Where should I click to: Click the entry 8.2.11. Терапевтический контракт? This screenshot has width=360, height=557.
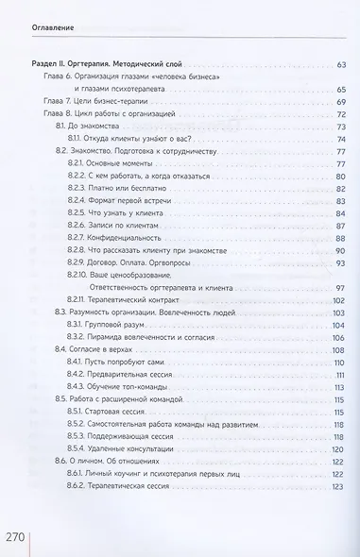130,298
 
